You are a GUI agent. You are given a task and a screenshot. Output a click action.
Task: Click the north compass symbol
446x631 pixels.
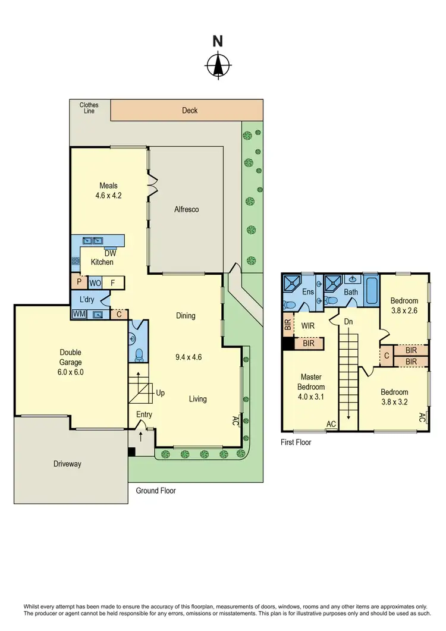pyautogui.click(x=219, y=65)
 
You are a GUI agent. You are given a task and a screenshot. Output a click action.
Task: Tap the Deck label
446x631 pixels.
pyautogui.click(x=190, y=110)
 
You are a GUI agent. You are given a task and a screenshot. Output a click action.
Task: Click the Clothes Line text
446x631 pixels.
pyautogui.click(x=89, y=108)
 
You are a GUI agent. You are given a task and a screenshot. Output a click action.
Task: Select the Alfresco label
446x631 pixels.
pyautogui.click(x=186, y=209)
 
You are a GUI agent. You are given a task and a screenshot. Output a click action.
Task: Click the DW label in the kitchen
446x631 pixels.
pyautogui.click(x=111, y=253)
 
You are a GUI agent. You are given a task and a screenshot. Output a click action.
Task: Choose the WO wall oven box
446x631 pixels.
pyautogui.click(x=96, y=282)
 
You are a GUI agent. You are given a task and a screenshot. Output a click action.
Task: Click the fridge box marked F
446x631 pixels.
pyautogui.click(x=114, y=282)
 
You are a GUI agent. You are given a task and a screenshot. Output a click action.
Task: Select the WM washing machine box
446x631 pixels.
pyautogui.click(x=78, y=314)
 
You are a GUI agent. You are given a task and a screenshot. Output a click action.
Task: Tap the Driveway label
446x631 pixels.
pyautogui.click(x=67, y=464)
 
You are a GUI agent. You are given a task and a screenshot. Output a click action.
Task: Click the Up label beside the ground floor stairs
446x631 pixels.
pyautogui.click(x=160, y=393)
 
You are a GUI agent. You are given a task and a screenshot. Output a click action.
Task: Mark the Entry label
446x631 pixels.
pyautogui.click(x=144, y=415)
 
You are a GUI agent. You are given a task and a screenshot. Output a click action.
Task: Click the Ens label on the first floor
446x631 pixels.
pyautogui.click(x=308, y=292)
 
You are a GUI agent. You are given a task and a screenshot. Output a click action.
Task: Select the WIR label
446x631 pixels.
pyautogui.click(x=307, y=326)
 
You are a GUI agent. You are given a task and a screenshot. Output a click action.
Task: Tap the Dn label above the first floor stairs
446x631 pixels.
pyautogui.click(x=348, y=321)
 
